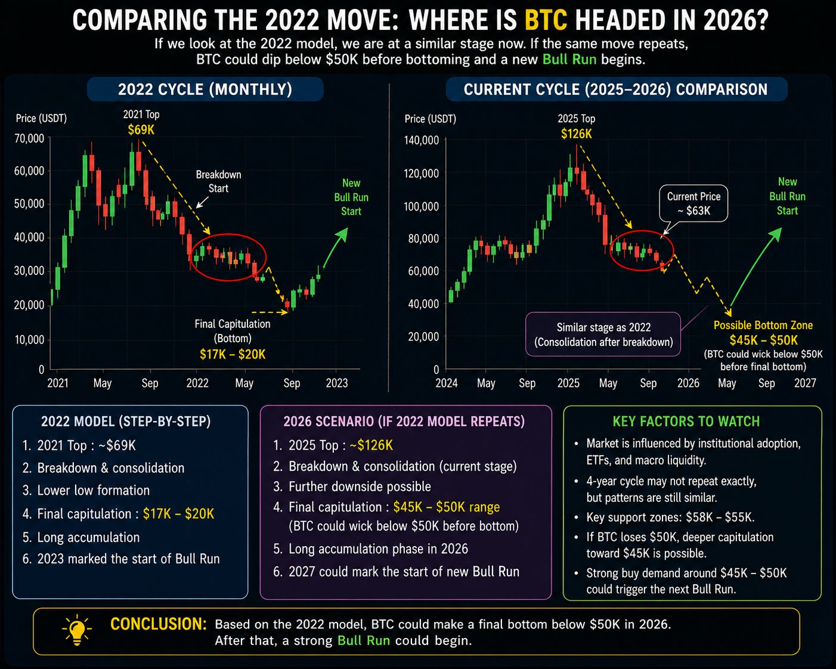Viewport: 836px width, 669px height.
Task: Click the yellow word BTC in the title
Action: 546,20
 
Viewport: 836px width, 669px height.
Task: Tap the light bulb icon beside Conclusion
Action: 77,630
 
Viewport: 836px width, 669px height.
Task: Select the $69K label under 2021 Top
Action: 141,130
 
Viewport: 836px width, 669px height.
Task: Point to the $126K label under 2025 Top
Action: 577,134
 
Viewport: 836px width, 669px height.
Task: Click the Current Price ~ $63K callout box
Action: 693,203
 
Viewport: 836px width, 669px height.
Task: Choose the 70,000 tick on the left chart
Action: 29,138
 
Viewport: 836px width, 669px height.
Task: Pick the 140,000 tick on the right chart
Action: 422,140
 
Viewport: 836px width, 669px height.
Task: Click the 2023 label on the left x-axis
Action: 337,383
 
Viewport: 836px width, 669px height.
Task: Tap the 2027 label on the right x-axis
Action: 806,383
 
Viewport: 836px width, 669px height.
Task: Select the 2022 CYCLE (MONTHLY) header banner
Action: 205,89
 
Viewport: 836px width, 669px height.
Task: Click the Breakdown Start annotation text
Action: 218,181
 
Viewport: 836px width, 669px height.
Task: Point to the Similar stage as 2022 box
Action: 603,335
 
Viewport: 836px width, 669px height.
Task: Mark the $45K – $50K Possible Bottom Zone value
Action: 763,340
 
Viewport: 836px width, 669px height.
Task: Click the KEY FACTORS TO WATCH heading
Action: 686,422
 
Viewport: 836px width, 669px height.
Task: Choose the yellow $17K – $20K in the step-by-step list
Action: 178,514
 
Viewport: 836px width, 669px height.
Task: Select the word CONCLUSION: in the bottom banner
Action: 159,624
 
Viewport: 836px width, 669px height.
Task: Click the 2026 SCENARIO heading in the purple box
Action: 404,422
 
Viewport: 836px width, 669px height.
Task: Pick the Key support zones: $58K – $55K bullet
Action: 670,517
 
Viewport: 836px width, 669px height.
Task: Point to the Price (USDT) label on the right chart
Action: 431,119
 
